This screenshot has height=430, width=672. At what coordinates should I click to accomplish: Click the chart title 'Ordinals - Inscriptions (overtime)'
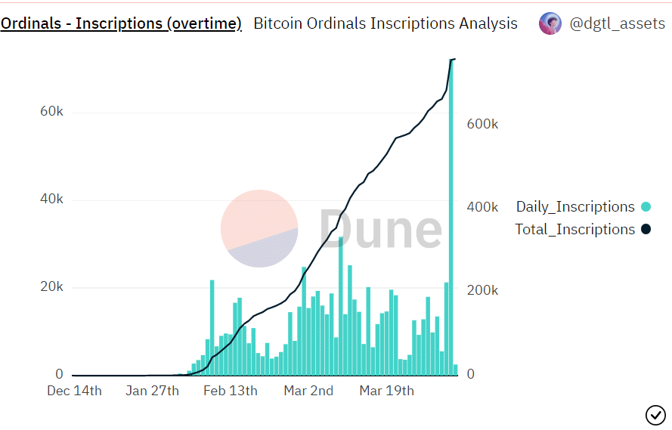[121, 23]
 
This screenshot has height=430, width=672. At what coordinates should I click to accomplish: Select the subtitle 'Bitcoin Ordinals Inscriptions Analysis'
[386, 23]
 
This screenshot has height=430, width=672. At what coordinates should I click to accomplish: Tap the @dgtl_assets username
[617, 23]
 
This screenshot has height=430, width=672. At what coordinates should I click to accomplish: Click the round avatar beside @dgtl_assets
[550, 23]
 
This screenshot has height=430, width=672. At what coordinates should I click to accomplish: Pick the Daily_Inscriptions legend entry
[575, 206]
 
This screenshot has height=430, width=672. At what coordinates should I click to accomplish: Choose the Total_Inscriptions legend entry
[575, 229]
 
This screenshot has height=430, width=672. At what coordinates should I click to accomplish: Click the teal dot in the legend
[646, 206]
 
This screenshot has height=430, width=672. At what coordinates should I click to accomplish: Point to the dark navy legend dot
[646, 229]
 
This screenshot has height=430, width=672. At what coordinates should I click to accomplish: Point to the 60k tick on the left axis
[51, 111]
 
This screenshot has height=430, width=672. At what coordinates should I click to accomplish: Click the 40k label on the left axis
[51, 200]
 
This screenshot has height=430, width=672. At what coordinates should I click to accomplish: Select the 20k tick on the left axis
[51, 287]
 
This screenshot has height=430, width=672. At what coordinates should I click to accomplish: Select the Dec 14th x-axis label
[74, 391]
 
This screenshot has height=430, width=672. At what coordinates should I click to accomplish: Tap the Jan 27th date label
[152, 391]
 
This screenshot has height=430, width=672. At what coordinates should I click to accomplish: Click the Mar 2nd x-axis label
[308, 391]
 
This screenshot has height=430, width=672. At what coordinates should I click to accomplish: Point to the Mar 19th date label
[386, 391]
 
